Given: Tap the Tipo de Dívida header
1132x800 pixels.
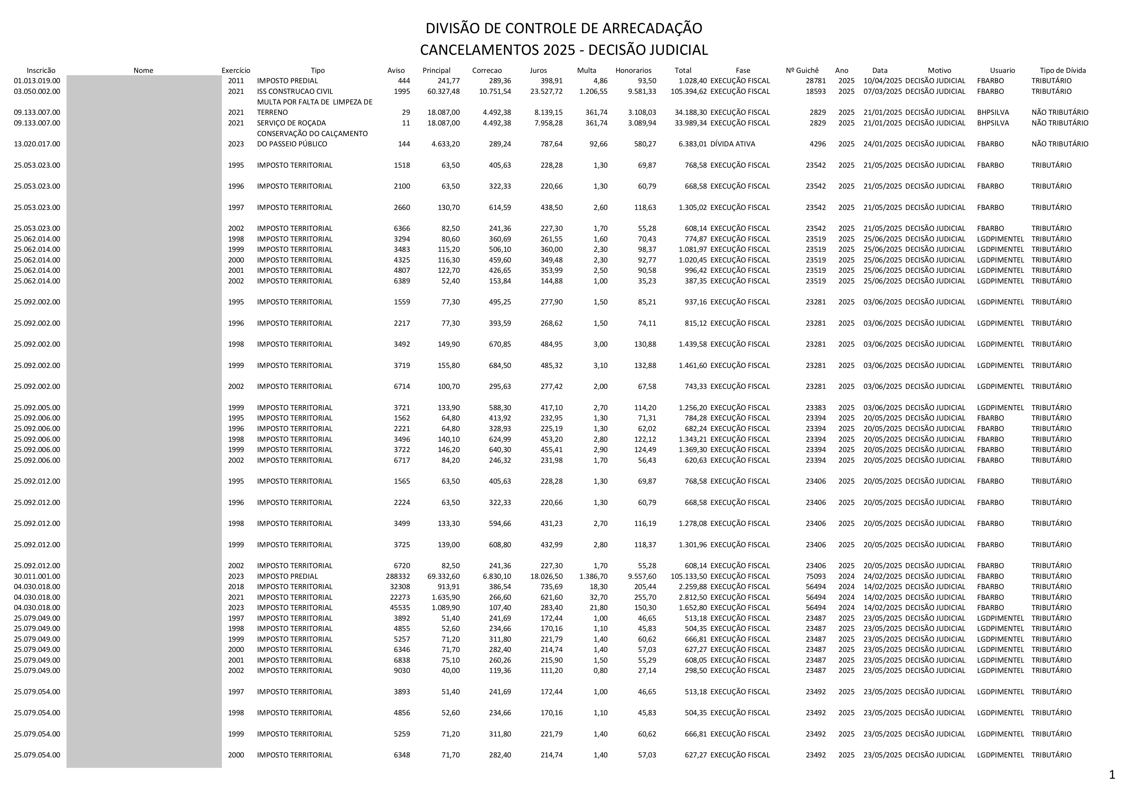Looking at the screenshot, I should tap(1063, 71).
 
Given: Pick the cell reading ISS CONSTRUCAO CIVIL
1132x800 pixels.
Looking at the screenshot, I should tap(295, 91).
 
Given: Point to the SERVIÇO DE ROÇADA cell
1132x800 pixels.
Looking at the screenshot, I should tap(291, 123).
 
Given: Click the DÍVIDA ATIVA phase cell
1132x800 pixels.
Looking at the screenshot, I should tap(733, 144).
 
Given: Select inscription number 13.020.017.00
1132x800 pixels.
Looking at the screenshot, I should tap(37, 144).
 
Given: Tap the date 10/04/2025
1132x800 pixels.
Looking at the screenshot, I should tap(883, 81).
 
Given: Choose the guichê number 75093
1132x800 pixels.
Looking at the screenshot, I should tap(816, 576).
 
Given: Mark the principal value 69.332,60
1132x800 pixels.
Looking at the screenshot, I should tap(443, 576).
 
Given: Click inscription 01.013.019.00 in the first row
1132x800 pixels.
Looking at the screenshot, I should tap(37, 81).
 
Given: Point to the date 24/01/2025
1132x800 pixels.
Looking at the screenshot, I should tap(883, 144).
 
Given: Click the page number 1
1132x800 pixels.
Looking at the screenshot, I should tap(1112, 775).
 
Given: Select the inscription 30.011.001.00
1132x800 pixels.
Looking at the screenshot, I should tap(37, 576).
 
